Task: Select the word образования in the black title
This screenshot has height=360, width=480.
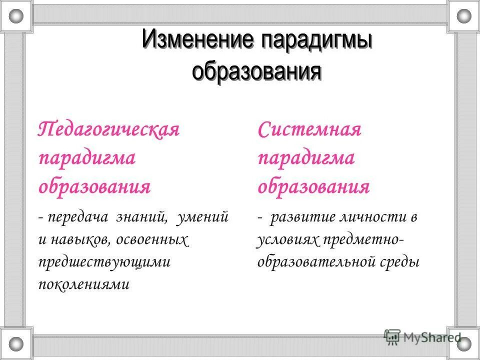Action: point(256,70)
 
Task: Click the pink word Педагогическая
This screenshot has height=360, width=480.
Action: point(109,130)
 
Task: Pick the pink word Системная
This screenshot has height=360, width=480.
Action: point(309,130)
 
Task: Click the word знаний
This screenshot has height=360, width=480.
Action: point(142,217)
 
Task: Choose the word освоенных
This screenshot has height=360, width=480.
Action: point(152,240)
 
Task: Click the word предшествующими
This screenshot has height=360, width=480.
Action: point(104,262)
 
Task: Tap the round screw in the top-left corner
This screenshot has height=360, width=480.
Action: point(16,16)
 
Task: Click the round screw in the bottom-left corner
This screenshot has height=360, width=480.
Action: point(16,344)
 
